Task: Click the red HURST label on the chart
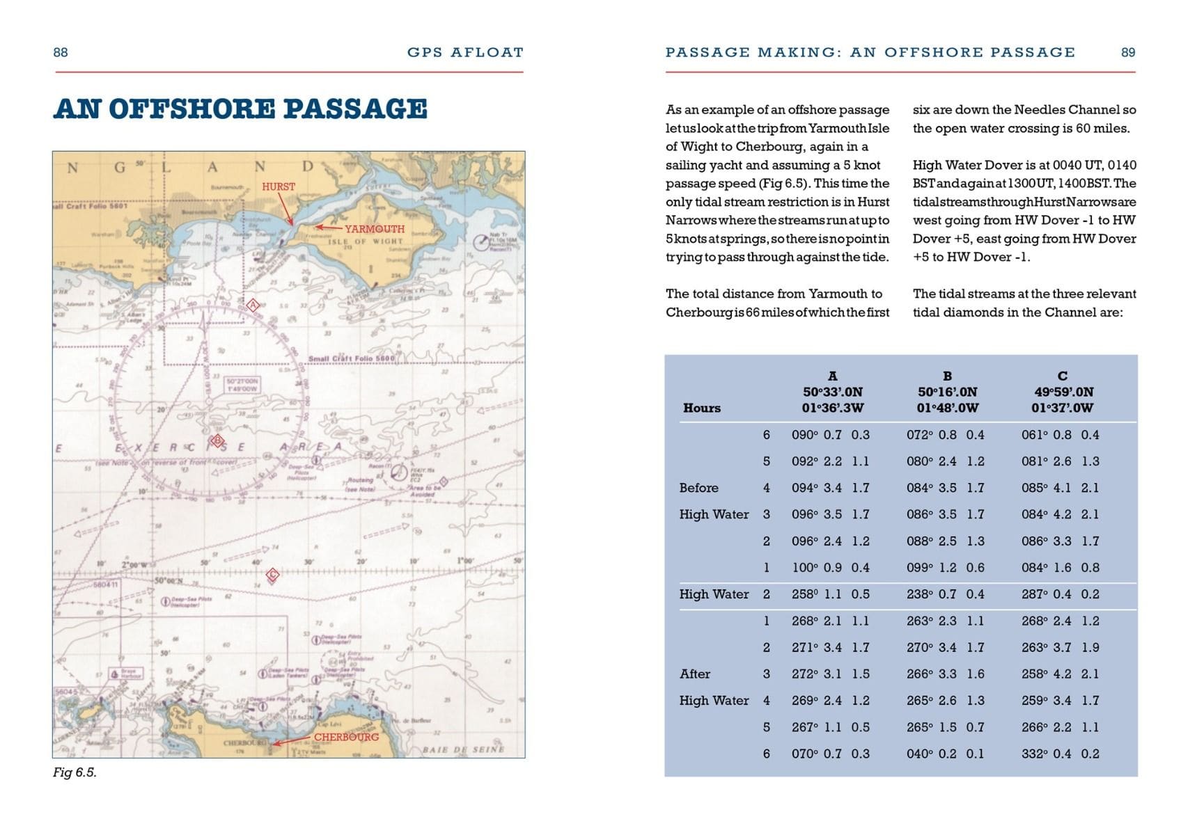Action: [x=278, y=186]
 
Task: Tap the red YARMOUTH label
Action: [x=374, y=229]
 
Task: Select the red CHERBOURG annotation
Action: [x=346, y=737]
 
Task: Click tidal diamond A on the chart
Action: [x=253, y=305]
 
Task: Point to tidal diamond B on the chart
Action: [x=217, y=440]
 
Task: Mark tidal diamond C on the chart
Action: [x=273, y=574]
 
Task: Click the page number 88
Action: [x=61, y=52]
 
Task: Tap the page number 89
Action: [x=1128, y=52]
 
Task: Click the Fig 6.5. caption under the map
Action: [x=75, y=772]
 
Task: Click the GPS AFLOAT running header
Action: [x=465, y=52]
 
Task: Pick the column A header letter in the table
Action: [x=832, y=376]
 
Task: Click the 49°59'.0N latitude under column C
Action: [x=1063, y=392]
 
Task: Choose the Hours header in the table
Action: [x=701, y=408]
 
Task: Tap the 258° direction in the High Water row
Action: [x=805, y=594]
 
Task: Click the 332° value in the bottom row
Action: [x=1035, y=754]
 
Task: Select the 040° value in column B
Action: [x=920, y=754]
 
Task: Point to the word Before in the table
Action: [x=698, y=488]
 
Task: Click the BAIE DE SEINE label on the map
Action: [x=463, y=749]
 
